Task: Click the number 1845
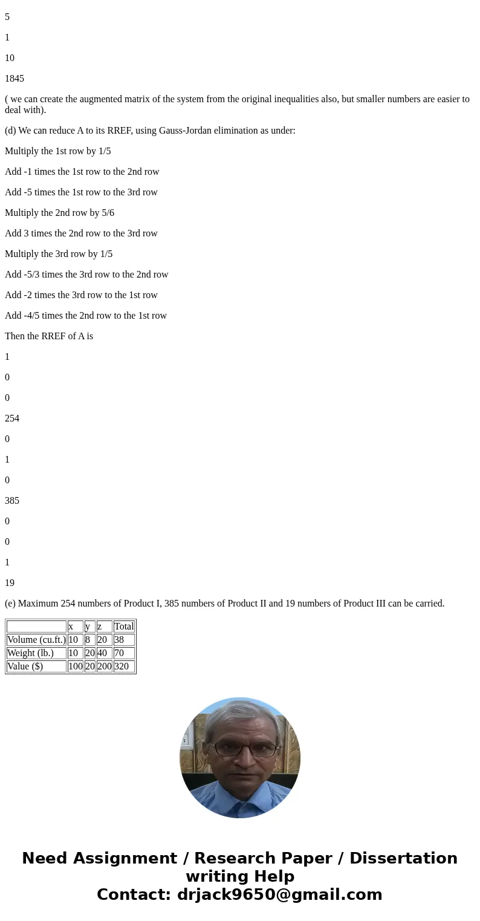[15, 79]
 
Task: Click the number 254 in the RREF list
[12, 418]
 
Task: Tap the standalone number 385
[12, 501]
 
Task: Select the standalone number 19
[10, 583]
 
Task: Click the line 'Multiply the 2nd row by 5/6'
[59, 213]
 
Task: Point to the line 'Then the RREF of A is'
[49, 336]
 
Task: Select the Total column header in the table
[124, 626]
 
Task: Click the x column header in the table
[71, 626]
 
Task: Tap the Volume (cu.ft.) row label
[36, 640]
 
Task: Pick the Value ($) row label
[25, 666]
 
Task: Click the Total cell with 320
[121, 666]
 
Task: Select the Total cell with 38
[119, 640]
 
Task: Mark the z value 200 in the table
[104, 666]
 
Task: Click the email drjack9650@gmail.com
[279, 894]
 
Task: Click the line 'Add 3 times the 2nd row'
[81, 233]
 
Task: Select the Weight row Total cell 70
[119, 653]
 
